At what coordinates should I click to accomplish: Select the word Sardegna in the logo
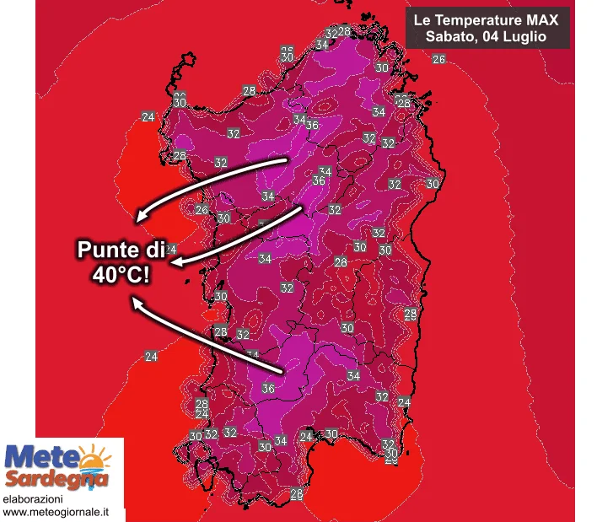point(57,480)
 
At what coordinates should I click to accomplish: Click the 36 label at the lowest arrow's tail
point(268,388)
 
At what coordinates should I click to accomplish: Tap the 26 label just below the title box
point(438,59)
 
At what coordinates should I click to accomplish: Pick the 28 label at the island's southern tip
point(297,493)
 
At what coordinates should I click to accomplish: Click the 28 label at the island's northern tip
point(344,31)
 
